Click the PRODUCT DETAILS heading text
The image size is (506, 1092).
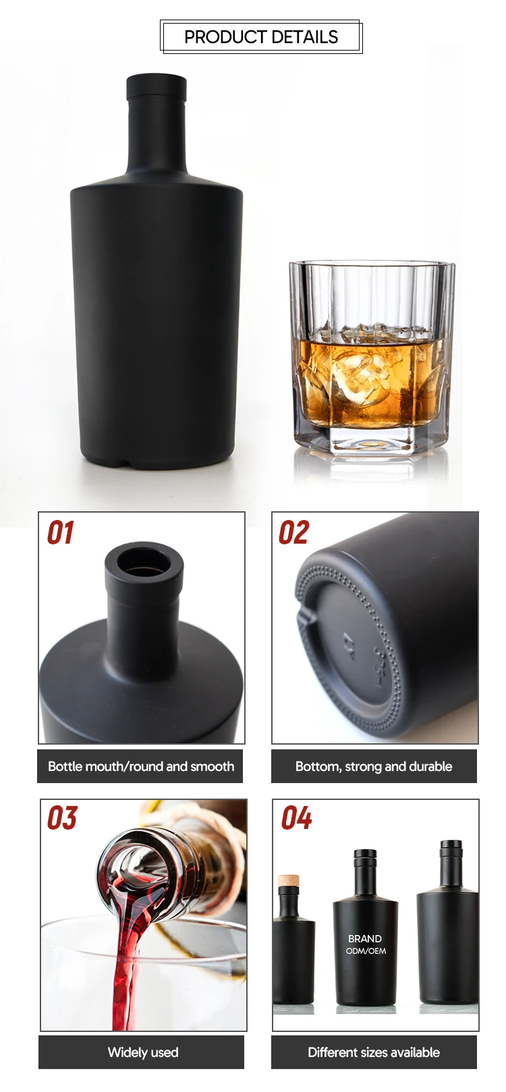tap(261, 37)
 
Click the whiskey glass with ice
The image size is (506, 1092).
tap(371, 357)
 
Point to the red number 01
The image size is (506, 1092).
tap(59, 533)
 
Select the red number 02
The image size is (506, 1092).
tap(293, 533)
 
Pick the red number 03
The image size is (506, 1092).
tap(62, 818)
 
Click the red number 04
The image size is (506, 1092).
tap(296, 818)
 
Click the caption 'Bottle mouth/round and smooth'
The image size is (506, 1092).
tap(140, 766)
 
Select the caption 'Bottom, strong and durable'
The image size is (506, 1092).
tap(374, 766)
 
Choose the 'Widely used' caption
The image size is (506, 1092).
tap(142, 1052)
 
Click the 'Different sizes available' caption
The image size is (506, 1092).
tap(374, 1052)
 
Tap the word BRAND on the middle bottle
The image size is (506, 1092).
tap(365, 938)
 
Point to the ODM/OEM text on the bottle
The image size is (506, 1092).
tap(366, 951)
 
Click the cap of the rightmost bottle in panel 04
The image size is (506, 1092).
tap(451, 847)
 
